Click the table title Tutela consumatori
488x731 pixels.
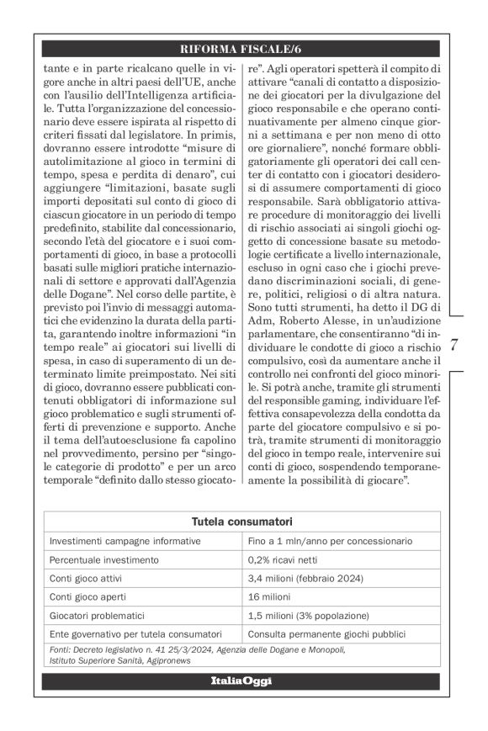click(241, 522)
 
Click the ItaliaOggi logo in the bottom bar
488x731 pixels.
click(241, 680)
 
